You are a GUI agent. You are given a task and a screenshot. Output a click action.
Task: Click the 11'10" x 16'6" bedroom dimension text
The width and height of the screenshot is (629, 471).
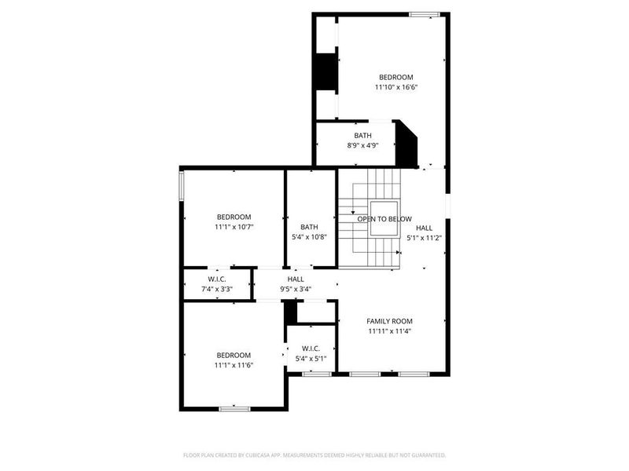pyautogui.click(x=395, y=87)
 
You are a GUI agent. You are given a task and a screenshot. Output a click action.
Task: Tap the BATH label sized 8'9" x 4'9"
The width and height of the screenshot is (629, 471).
pyautogui.click(x=362, y=135)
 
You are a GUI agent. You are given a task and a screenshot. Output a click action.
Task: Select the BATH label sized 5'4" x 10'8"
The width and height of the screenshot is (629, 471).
pyautogui.click(x=309, y=227)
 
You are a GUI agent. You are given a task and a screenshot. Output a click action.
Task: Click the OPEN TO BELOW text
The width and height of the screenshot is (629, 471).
pyautogui.click(x=384, y=219)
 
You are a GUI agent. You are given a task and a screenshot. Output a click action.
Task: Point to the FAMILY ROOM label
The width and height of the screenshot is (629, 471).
pyautogui.click(x=390, y=320)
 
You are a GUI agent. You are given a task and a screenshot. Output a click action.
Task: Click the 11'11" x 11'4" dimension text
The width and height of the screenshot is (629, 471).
pyautogui.click(x=390, y=331)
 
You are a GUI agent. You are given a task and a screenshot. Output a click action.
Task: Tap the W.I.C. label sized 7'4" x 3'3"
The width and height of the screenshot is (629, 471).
pyautogui.click(x=217, y=279)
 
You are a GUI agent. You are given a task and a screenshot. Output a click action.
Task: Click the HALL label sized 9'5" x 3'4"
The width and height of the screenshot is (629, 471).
pyautogui.click(x=296, y=279)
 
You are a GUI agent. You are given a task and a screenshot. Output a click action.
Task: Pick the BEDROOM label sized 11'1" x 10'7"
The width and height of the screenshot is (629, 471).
pyautogui.click(x=234, y=217)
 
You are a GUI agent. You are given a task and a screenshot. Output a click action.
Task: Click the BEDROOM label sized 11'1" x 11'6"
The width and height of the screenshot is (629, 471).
pyautogui.click(x=234, y=355)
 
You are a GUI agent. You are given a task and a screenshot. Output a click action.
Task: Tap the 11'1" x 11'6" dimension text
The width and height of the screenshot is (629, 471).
pyautogui.click(x=234, y=365)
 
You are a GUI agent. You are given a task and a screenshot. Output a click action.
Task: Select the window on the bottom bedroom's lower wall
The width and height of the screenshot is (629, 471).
pyautogui.click(x=234, y=407)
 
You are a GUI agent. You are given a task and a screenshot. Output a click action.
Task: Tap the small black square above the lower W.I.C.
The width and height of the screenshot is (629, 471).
pyautogui.click(x=291, y=312)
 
